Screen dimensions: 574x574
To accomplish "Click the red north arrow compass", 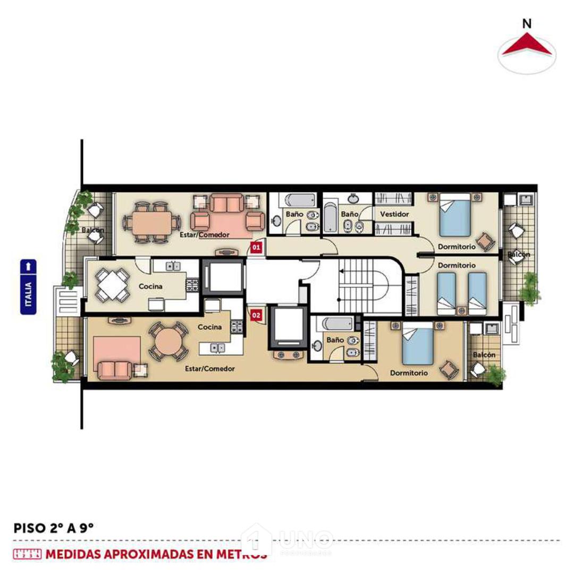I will click(527, 45).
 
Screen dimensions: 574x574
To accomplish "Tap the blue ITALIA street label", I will click(28, 287).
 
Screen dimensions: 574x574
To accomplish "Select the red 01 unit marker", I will click(256, 247).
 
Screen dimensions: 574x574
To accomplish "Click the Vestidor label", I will click(395, 214).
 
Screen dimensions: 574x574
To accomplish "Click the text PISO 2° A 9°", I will click(54, 528).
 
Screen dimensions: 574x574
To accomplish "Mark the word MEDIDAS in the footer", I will click(74, 554).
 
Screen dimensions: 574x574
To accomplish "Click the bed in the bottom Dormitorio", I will click(418, 345).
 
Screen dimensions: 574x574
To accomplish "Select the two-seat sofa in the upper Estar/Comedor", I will click(227, 204).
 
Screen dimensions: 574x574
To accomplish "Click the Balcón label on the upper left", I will click(92, 231).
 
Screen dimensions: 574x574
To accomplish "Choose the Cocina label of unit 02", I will click(209, 327).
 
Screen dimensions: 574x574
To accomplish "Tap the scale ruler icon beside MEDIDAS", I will click(27, 554).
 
